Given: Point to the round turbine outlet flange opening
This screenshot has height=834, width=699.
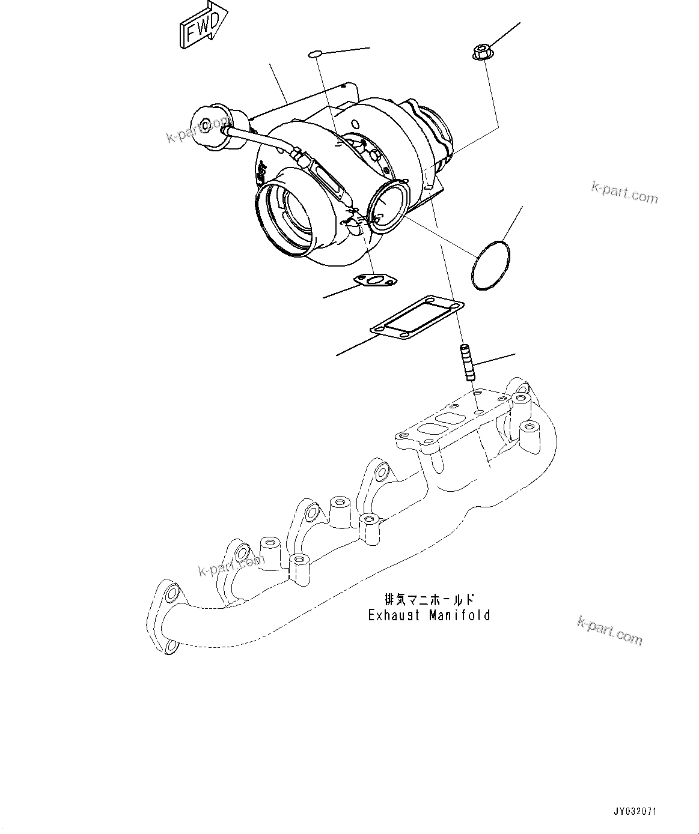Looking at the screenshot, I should pyautogui.click(x=388, y=208).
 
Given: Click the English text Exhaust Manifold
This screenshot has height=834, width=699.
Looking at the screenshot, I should pyautogui.click(x=429, y=615).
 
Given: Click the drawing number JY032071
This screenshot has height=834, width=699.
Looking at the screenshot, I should pyautogui.click(x=635, y=812).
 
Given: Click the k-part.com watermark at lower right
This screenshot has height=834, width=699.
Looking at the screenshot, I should pyautogui.click(x=609, y=630).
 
